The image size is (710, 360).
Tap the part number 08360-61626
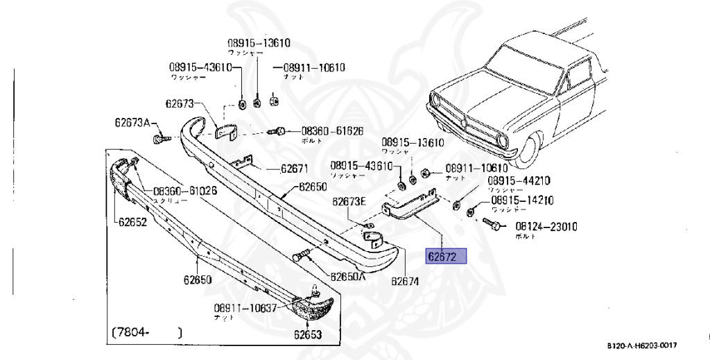pos(331,130)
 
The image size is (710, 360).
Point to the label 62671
pos(294,169)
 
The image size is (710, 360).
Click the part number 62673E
pos(348,202)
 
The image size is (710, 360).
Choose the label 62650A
pos(347,276)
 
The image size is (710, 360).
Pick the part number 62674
pos(404,282)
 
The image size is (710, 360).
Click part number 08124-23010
pos(546,226)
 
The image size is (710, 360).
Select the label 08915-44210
pos(519,181)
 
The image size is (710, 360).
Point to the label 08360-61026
pos(185,191)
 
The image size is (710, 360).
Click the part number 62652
pos(132,223)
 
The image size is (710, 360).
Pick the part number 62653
pos(307,334)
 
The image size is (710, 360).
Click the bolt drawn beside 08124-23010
pos(493,224)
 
